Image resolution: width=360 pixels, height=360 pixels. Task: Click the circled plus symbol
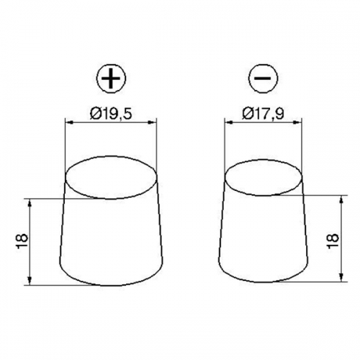point(111,78)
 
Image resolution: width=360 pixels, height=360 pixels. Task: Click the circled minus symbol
point(263,78)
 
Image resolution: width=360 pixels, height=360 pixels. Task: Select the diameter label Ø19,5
point(111,114)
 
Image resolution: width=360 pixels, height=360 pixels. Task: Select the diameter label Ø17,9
point(264,114)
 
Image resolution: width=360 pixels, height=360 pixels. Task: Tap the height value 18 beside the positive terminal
point(22,241)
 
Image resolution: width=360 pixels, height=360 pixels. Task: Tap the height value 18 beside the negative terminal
point(333,241)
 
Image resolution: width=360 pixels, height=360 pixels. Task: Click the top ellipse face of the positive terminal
point(111,177)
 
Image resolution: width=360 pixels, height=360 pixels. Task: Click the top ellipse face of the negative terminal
point(264,177)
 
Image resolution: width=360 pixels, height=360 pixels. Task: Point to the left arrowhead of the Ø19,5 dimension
point(69,122)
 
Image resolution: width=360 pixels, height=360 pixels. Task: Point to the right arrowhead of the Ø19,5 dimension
point(153,122)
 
